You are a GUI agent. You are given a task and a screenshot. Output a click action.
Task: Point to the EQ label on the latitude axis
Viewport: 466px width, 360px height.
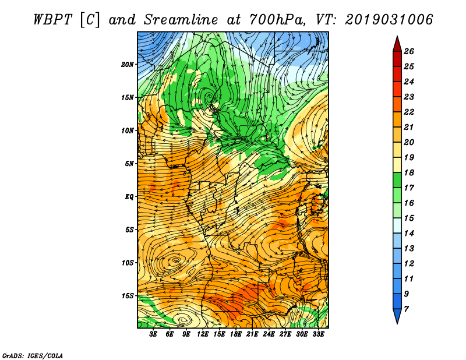coord(129,196)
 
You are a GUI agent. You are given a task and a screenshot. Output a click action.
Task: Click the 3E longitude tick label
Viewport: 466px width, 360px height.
coord(154,334)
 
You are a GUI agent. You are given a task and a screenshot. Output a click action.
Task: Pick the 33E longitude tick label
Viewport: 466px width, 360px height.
coord(319,334)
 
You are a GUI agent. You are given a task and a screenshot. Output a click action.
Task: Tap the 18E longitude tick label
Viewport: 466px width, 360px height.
coord(236,334)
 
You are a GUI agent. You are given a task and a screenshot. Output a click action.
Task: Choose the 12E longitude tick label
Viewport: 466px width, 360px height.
coord(203,334)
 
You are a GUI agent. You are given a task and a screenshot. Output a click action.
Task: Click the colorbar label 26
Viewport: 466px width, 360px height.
coord(408,51)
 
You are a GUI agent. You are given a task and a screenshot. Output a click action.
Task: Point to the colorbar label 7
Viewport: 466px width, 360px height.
coord(406,308)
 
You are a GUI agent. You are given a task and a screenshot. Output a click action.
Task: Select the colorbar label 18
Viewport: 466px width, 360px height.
coord(408,174)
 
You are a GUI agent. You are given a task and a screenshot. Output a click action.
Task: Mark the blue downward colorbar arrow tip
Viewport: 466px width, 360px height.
coord(397,322)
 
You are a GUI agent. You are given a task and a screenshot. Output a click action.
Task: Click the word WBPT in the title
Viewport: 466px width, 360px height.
coord(51,19)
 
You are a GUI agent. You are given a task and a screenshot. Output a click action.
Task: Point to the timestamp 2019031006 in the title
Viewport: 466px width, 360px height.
coord(389,19)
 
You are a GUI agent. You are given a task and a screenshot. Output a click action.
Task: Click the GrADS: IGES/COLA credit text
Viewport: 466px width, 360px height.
coord(32,355)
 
